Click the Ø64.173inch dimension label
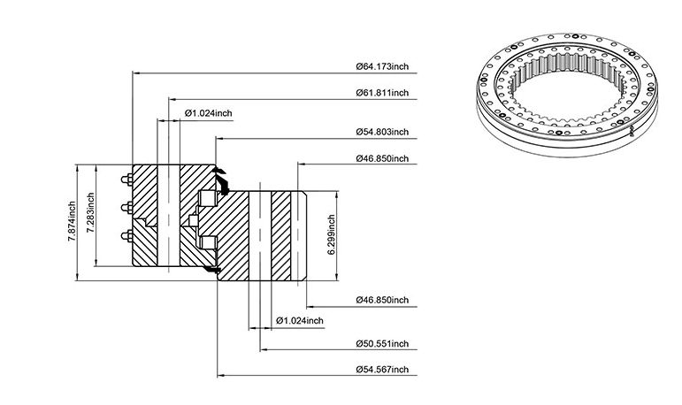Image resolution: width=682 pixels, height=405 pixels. pyautogui.click(x=382, y=66)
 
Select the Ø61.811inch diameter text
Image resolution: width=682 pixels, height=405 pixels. pyautogui.click(x=382, y=93)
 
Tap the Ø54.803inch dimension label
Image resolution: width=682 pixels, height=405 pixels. pyautogui.click(x=382, y=132)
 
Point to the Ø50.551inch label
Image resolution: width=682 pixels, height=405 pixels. pyautogui.click(x=382, y=344)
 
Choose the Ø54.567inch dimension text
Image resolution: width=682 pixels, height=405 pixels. pyautogui.click(x=382, y=370)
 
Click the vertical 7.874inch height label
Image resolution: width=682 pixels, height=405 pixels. pyautogui.click(x=72, y=222)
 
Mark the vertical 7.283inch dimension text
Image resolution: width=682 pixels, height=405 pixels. pyautogui.click(x=90, y=213)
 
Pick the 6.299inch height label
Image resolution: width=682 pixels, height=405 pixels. pyautogui.click(x=331, y=234)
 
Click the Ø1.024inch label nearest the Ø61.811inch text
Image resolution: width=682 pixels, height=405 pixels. pyautogui.click(x=209, y=113)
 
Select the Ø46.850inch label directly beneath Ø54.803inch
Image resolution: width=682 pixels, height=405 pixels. pyautogui.click(x=382, y=158)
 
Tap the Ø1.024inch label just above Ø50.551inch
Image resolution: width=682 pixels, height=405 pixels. pyautogui.click(x=300, y=321)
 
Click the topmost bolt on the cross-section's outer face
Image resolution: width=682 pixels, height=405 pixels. pyautogui.click(x=127, y=180)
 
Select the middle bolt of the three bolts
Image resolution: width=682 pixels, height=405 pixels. pyautogui.click(x=127, y=208)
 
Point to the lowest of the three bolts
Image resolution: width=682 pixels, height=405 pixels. pyautogui.click(x=127, y=236)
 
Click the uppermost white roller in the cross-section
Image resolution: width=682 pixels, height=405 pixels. pyautogui.click(x=208, y=198)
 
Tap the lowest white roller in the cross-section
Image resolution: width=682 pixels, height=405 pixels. pyautogui.click(x=209, y=243)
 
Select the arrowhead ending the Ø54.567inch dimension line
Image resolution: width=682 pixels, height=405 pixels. pyautogui.click(x=221, y=376)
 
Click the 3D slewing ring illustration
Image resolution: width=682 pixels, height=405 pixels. pyautogui.click(x=567, y=95)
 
